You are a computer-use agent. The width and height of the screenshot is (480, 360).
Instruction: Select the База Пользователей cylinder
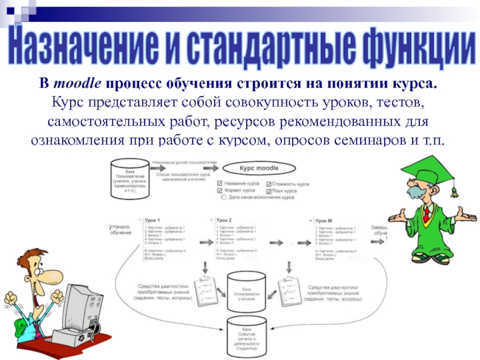pos(130,179)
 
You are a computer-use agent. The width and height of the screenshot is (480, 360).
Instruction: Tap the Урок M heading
pos(326,220)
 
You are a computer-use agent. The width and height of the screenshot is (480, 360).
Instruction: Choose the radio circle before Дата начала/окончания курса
pos(223,197)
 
